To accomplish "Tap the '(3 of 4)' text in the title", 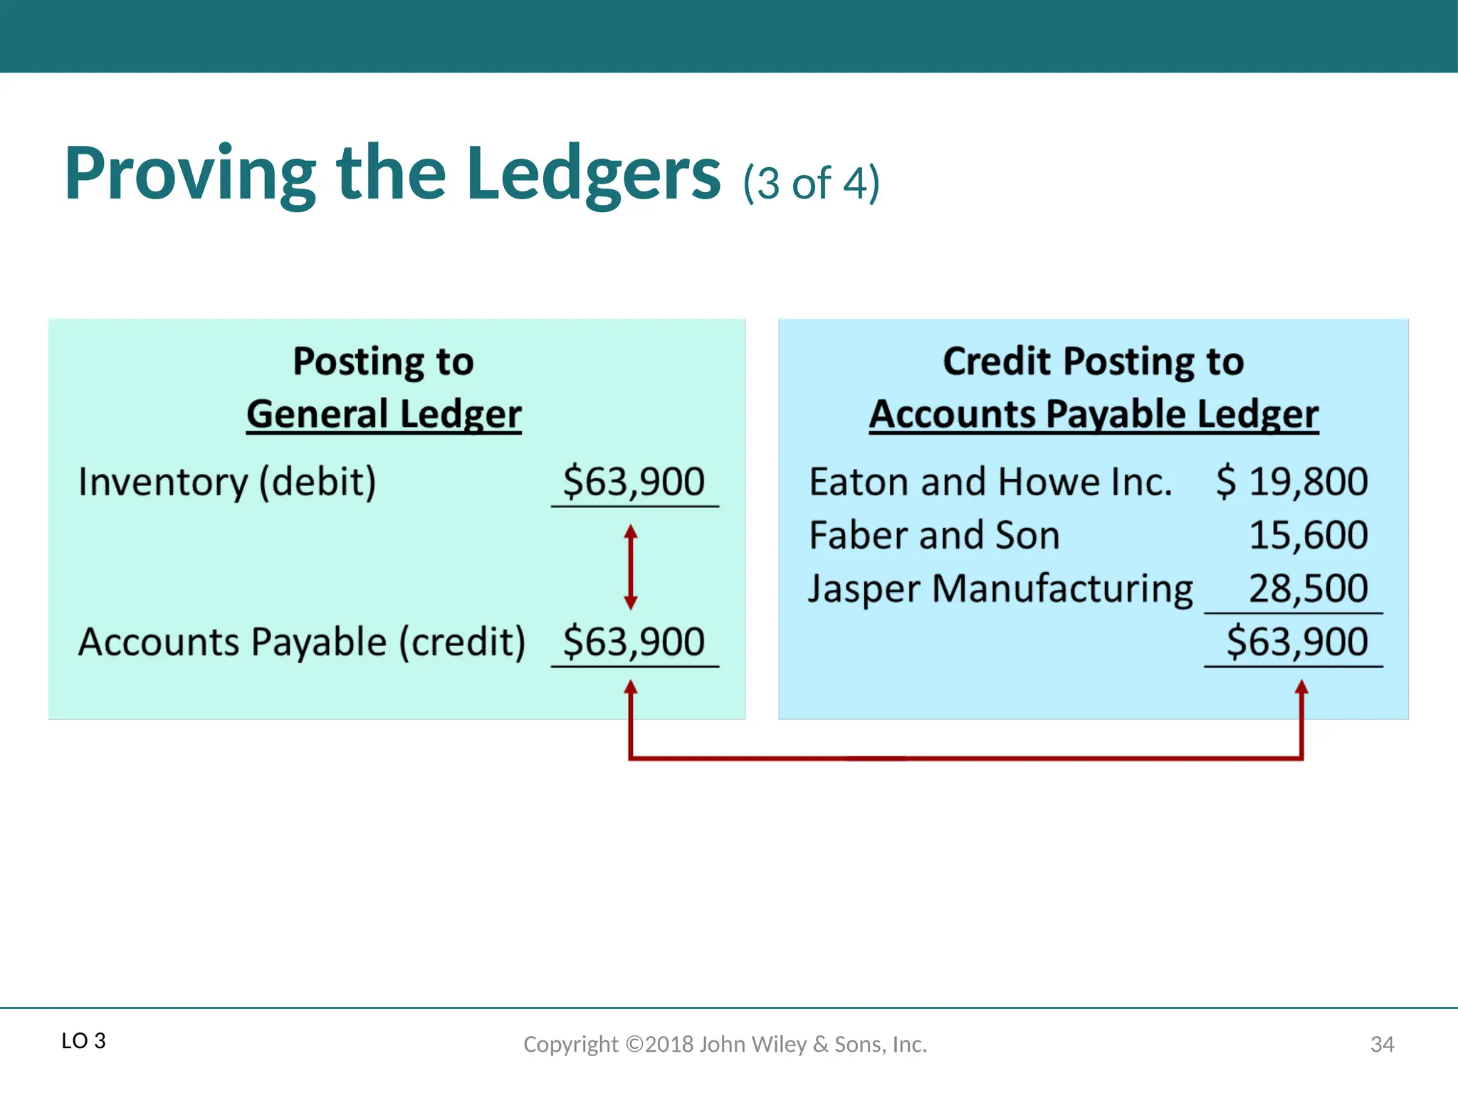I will pos(811,184).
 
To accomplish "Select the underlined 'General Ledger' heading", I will pos(384,414).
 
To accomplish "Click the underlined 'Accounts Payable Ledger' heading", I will pos(1093,414).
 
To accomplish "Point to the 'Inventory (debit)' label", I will pos(227,482).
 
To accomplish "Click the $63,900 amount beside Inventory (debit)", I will pos(634,482).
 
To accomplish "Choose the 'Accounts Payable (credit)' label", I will pos(302,642).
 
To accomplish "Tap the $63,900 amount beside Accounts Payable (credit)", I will pos(634,642).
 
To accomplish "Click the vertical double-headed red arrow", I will pos(631,567).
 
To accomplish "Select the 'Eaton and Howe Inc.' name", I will pos(990,482).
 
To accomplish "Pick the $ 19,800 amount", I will pos(1292,482).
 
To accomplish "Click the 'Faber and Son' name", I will pos(935,535).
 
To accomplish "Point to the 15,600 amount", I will pos(1308,535).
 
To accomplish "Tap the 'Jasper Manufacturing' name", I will pos(1000,589).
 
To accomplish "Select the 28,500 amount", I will pos(1308,588).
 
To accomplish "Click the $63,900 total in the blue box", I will pos(1297,642).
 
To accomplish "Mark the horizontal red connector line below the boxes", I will pos(966,759).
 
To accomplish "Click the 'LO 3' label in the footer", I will pos(83,1041).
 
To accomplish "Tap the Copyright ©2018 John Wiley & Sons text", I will pos(725,1044).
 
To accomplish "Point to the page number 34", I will pos(1382,1044).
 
